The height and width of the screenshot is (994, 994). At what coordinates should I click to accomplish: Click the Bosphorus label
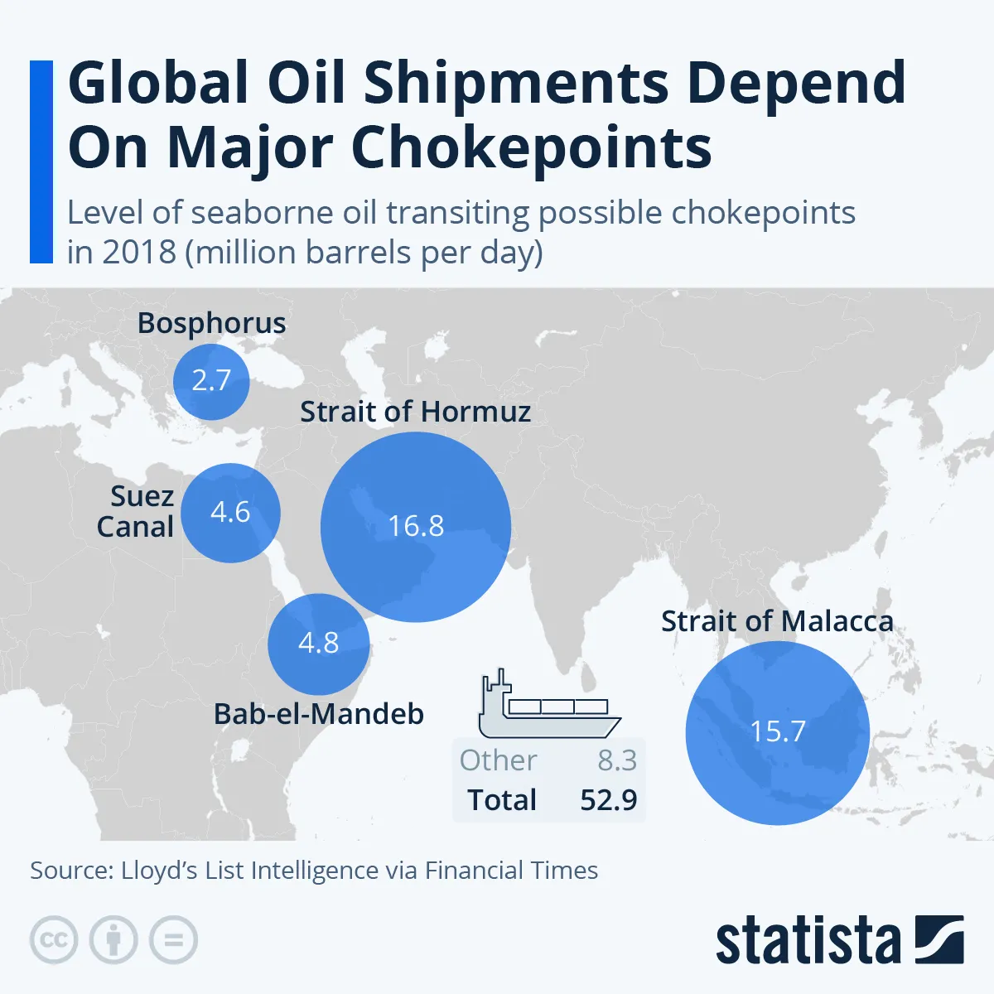coord(211,323)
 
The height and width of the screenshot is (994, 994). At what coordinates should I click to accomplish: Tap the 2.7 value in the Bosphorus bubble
coord(211,380)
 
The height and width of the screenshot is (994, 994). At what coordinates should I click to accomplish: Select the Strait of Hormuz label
coord(415,412)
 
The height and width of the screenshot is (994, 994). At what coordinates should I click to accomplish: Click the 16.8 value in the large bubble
coord(416,526)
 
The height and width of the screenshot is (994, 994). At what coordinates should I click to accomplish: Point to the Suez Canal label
coord(136,511)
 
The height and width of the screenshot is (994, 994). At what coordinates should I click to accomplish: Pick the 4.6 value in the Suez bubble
coord(230,512)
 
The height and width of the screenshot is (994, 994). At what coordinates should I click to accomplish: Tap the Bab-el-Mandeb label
coord(319,714)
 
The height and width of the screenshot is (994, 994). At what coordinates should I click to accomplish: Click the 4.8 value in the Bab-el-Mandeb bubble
coord(319,643)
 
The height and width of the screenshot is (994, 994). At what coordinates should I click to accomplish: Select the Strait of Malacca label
coord(777,621)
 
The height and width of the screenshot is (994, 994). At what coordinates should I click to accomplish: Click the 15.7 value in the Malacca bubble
coord(777,731)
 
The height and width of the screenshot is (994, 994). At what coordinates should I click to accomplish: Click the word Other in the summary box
coord(498,760)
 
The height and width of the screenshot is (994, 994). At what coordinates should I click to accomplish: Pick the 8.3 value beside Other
coord(617,760)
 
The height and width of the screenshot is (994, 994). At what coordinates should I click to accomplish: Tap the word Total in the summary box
coord(502,800)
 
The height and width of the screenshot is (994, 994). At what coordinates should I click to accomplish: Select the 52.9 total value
coord(609,800)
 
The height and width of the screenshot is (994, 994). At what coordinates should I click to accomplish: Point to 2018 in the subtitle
coord(139,252)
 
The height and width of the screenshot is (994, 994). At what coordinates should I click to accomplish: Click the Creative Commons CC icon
coord(54,940)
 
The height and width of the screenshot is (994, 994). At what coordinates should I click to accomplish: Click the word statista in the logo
coord(808,941)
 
